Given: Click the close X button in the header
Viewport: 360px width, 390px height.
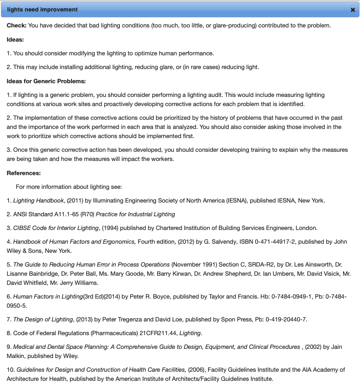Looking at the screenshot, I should (x=353, y=10).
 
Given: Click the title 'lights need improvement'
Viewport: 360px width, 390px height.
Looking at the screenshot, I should (x=43, y=10).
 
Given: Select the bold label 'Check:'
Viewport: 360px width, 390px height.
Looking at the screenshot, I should (x=16, y=26).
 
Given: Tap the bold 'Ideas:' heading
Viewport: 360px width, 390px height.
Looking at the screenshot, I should (x=16, y=39).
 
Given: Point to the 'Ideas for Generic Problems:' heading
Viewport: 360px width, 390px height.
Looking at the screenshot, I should (x=46, y=81).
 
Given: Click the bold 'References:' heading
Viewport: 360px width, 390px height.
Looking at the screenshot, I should (x=24, y=173).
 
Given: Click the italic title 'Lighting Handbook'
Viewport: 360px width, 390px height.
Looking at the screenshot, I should (x=38, y=200).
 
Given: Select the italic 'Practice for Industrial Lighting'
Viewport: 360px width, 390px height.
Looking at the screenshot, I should (x=135, y=214).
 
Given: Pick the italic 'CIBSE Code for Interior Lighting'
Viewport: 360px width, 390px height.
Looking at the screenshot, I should (x=56, y=228).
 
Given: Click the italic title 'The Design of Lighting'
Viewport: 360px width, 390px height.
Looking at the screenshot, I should (x=43, y=319).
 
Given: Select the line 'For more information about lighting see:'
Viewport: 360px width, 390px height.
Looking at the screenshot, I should (x=69, y=187).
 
